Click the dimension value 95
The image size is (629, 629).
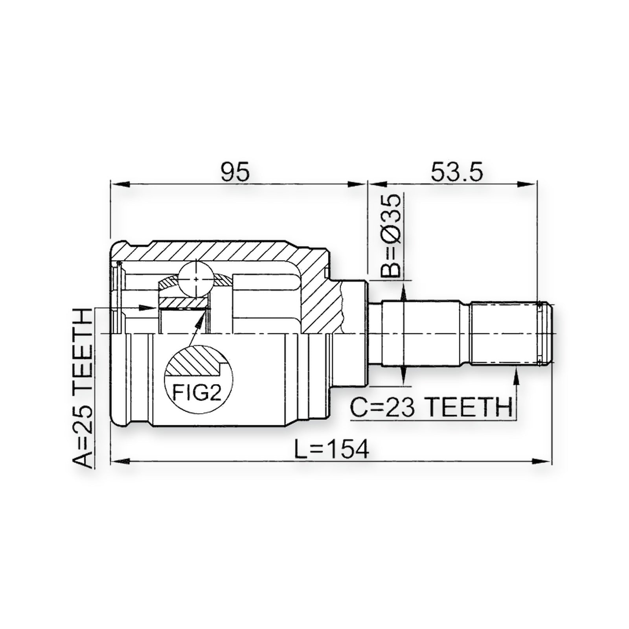coord(235,172)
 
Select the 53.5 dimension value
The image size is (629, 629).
coord(457,172)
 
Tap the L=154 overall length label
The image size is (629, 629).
coord(332,449)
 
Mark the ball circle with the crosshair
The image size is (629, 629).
coord(196,279)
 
